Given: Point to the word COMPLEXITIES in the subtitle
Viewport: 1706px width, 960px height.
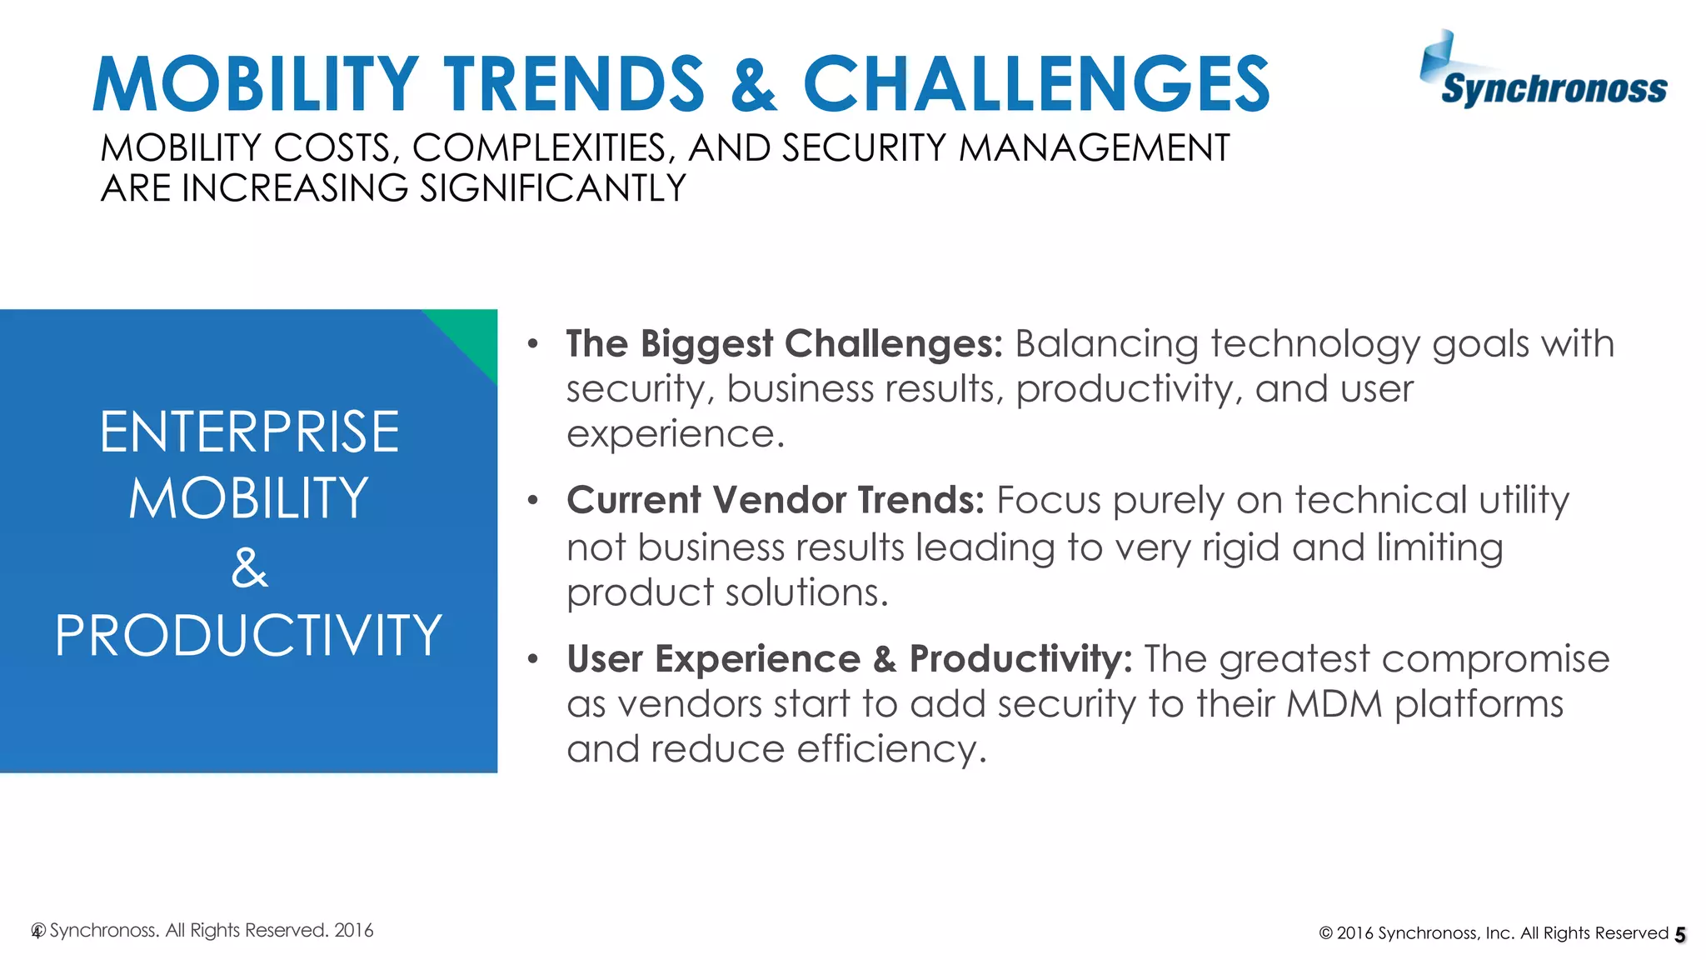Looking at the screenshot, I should (x=538, y=148).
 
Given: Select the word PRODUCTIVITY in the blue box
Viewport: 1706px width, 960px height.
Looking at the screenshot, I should (x=248, y=636).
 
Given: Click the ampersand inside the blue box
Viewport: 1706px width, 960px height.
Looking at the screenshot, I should (x=249, y=569).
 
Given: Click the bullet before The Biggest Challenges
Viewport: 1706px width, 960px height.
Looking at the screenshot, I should (x=533, y=343).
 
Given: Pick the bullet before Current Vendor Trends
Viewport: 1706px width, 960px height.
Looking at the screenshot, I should (x=533, y=501).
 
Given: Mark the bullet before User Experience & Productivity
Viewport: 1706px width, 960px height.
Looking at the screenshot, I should (x=533, y=659).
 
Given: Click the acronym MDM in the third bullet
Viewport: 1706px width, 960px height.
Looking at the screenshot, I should (x=1334, y=704).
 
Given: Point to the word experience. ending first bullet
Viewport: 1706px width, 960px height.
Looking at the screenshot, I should (x=675, y=434).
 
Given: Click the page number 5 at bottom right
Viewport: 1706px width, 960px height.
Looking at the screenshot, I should (x=1680, y=935).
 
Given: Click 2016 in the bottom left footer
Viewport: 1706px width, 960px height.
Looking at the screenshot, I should (x=353, y=930).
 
